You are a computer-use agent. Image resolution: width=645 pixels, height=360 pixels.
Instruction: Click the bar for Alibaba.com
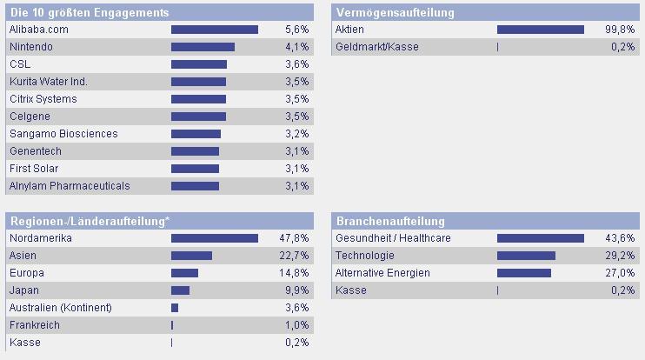click(x=214, y=30)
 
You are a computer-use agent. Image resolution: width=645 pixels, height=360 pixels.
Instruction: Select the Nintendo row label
click(x=30, y=47)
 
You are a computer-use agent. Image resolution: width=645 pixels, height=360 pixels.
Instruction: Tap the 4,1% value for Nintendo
click(x=296, y=47)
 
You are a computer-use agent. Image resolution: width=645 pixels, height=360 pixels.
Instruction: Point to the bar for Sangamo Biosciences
click(x=196, y=134)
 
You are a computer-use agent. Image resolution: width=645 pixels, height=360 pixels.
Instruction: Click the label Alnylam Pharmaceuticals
click(x=69, y=186)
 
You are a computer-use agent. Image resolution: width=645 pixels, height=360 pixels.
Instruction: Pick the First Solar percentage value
click(x=296, y=169)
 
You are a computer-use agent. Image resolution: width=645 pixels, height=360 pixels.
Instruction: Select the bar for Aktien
click(x=540, y=30)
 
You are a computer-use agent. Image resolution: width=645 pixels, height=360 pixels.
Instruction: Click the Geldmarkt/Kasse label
click(x=376, y=47)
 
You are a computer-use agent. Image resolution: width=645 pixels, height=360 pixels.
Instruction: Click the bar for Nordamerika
click(x=214, y=238)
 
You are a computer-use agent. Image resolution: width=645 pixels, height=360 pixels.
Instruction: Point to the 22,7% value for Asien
click(x=294, y=256)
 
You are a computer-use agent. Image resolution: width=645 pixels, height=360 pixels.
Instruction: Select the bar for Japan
click(x=180, y=290)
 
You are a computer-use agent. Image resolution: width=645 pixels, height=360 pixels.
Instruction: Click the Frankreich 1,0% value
click(x=296, y=325)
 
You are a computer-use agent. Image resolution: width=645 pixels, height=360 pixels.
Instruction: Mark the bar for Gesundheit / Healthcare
click(x=540, y=238)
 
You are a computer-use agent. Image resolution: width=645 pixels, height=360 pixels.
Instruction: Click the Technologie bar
click(x=526, y=256)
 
